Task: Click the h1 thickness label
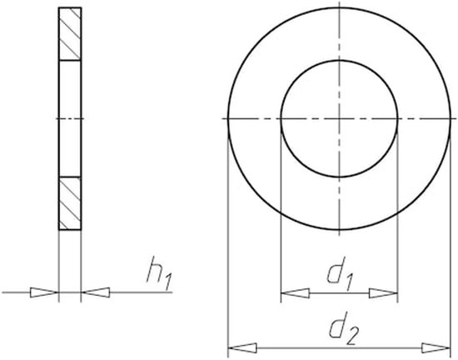157,274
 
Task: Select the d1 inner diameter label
338,273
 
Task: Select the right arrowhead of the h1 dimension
97,292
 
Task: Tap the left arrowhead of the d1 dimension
294,293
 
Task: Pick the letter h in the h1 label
152,272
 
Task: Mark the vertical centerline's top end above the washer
339,3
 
